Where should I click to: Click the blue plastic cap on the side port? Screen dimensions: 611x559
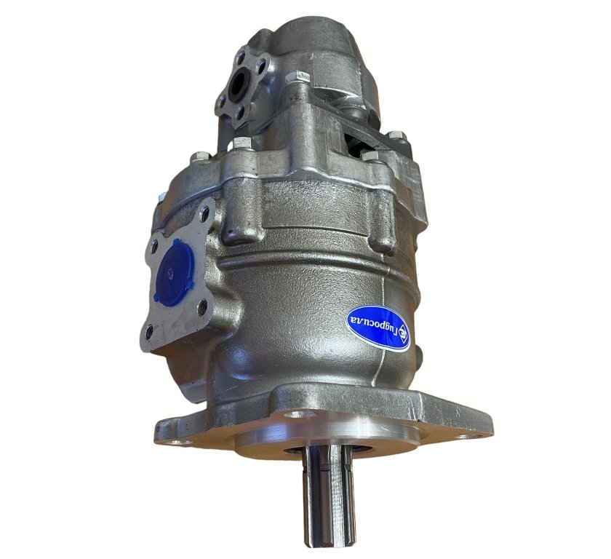[174, 271]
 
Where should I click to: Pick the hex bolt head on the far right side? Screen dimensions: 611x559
[397, 136]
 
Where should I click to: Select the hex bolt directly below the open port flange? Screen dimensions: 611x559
[242, 142]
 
